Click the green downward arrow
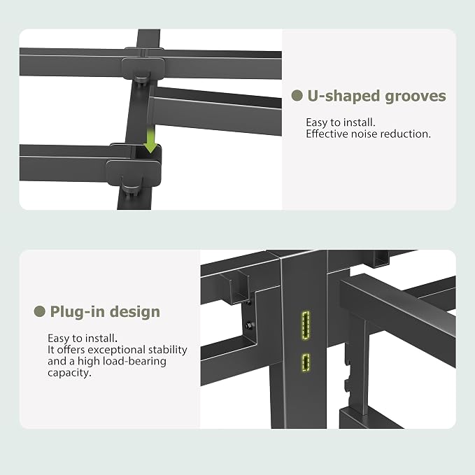(x=150, y=140)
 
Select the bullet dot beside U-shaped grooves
(x=297, y=96)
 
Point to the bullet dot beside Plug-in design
(x=39, y=311)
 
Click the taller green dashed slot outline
(x=306, y=325)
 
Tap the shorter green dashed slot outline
(x=306, y=362)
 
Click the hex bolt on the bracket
(x=250, y=325)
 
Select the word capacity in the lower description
(x=69, y=373)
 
